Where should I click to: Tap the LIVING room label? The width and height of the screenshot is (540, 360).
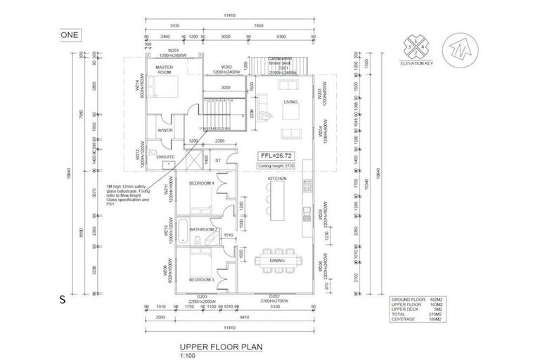(290, 102)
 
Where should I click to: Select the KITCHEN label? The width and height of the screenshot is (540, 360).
(276, 179)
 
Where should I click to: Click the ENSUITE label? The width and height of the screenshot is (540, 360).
(166, 157)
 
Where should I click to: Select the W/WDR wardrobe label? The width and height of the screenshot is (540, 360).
(165, 130)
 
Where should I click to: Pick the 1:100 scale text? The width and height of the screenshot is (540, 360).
(186, 355)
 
